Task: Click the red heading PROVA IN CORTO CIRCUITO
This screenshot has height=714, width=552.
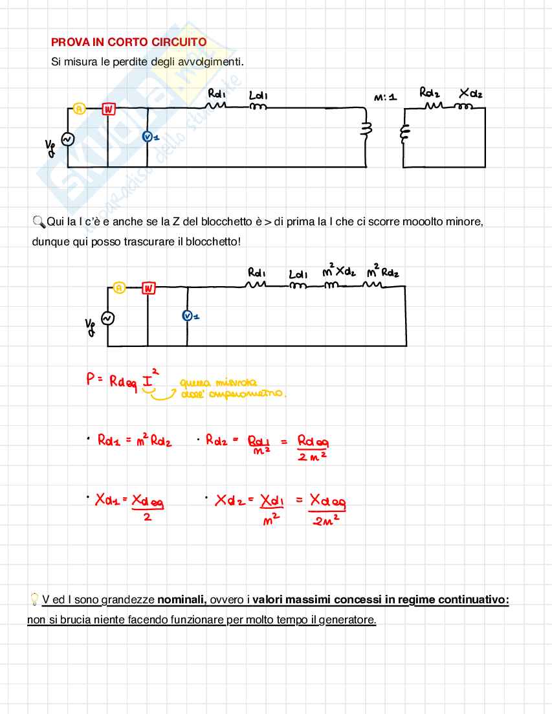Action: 129,42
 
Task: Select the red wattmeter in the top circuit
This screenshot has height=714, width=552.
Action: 109,109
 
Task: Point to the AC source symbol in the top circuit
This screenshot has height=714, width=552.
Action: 67,139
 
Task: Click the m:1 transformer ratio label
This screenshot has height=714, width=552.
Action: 385,97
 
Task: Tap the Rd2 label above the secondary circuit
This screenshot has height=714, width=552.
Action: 430,93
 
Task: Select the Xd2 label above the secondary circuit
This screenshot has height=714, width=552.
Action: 470,94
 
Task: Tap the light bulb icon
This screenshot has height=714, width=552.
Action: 34,599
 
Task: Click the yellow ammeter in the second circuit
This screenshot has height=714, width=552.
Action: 119,288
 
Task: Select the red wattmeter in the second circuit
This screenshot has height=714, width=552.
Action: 149,288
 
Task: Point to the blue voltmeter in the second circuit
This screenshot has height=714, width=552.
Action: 188,315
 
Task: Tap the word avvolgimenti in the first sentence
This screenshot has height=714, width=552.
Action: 210,62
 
